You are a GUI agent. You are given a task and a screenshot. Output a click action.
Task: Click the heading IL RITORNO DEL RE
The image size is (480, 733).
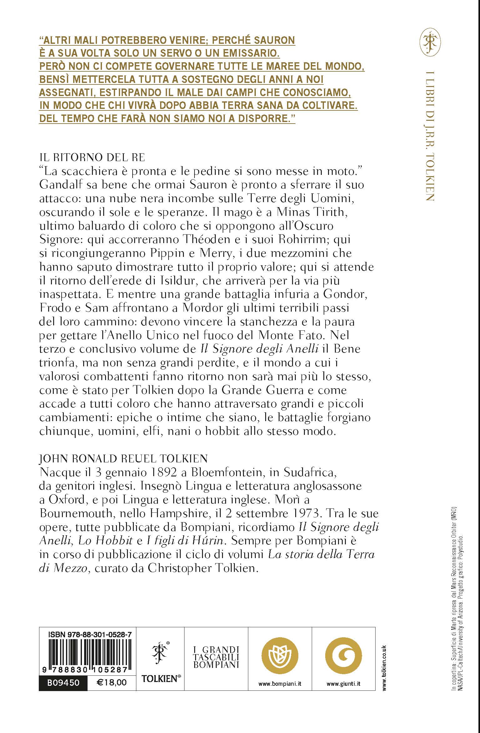(x=92, y=157)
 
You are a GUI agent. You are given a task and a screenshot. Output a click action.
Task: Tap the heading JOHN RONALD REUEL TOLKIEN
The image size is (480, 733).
(x=123, y=458)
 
